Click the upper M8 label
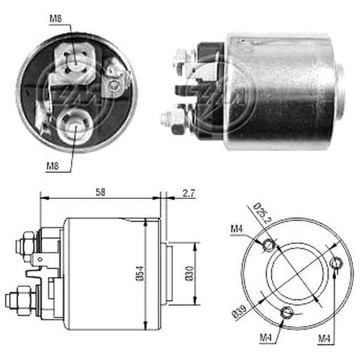click(x=56, y=19)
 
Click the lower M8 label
click(x=53, y=166)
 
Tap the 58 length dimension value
click(x=101, y=192)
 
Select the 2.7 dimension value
click(x=188, y=193)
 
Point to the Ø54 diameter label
click(x=141, y=273)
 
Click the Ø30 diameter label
click(x=189, y=274)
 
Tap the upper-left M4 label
click(x=237, y=229)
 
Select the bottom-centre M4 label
click(x=266, y=337)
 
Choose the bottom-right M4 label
click(x=324, y=338)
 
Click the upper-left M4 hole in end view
click(x=269, y=245)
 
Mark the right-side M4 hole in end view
click(x=337, y=263)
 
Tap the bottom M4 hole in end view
click(x=286, y=313)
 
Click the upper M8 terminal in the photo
click(x=75, y=64)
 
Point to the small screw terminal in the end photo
click(x=115, y=85)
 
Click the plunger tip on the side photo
click(x=340, y=93)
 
